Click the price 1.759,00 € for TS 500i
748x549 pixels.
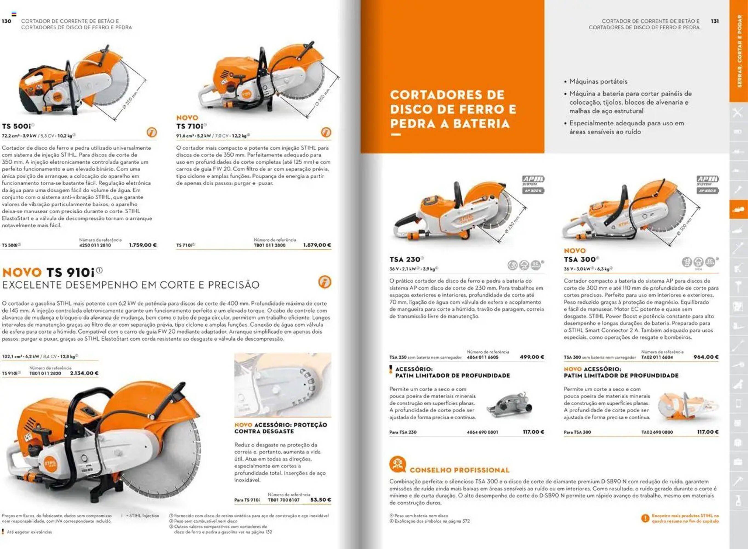click(x=143, y=245)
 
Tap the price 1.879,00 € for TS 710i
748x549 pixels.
click(x=317, y=245)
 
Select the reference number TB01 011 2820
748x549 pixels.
click(x=45, y=373)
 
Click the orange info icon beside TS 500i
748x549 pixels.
click(x=152, y=133)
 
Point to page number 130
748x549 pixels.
click(x=6, y=21)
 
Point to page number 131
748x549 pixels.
click(x=715, y=21)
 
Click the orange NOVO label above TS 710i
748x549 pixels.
click(x=187, y=118)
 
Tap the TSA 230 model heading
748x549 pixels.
click(x=405, y=259)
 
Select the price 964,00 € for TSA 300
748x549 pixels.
click(x=706, y=357)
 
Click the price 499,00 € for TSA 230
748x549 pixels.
click(x=532, y=357)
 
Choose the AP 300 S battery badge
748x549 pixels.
click(x=533, y=191)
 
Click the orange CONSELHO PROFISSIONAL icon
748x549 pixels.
click(x=397, y=464)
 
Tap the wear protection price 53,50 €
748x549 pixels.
click(x=320, y=500)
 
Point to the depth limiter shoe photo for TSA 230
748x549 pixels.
click(x=509, y=406)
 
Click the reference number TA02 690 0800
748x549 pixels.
click(x=657, y=432)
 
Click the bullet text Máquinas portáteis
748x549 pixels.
click(x=598, y=82)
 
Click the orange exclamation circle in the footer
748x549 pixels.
click(x=645, y=518)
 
